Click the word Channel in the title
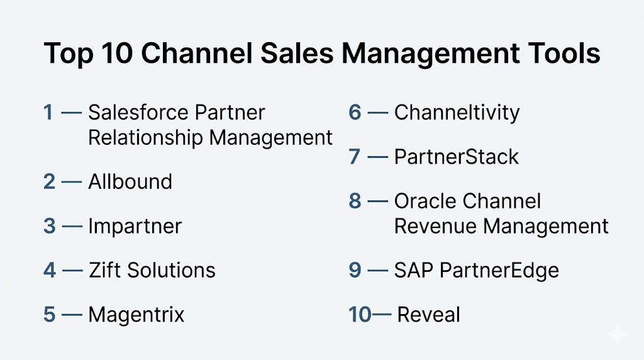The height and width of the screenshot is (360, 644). [196, 53]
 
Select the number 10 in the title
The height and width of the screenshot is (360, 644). [116, 53]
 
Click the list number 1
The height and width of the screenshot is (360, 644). [48, 112]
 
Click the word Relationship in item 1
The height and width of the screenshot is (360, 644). [145, 138]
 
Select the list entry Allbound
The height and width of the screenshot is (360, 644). [130, 182]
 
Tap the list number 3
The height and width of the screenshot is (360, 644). [49, 225]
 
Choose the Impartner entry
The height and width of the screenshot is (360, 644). [135, 227]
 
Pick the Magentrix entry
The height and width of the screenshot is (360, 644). [136, 315]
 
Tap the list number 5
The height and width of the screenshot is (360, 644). [49, 315]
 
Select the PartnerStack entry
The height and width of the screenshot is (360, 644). [457, 157]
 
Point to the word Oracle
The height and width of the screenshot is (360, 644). [426, 201]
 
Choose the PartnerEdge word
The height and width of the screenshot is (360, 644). [499, 271]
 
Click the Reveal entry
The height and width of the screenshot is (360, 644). [428, 315]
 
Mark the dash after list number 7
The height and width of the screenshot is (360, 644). [377, 157]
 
